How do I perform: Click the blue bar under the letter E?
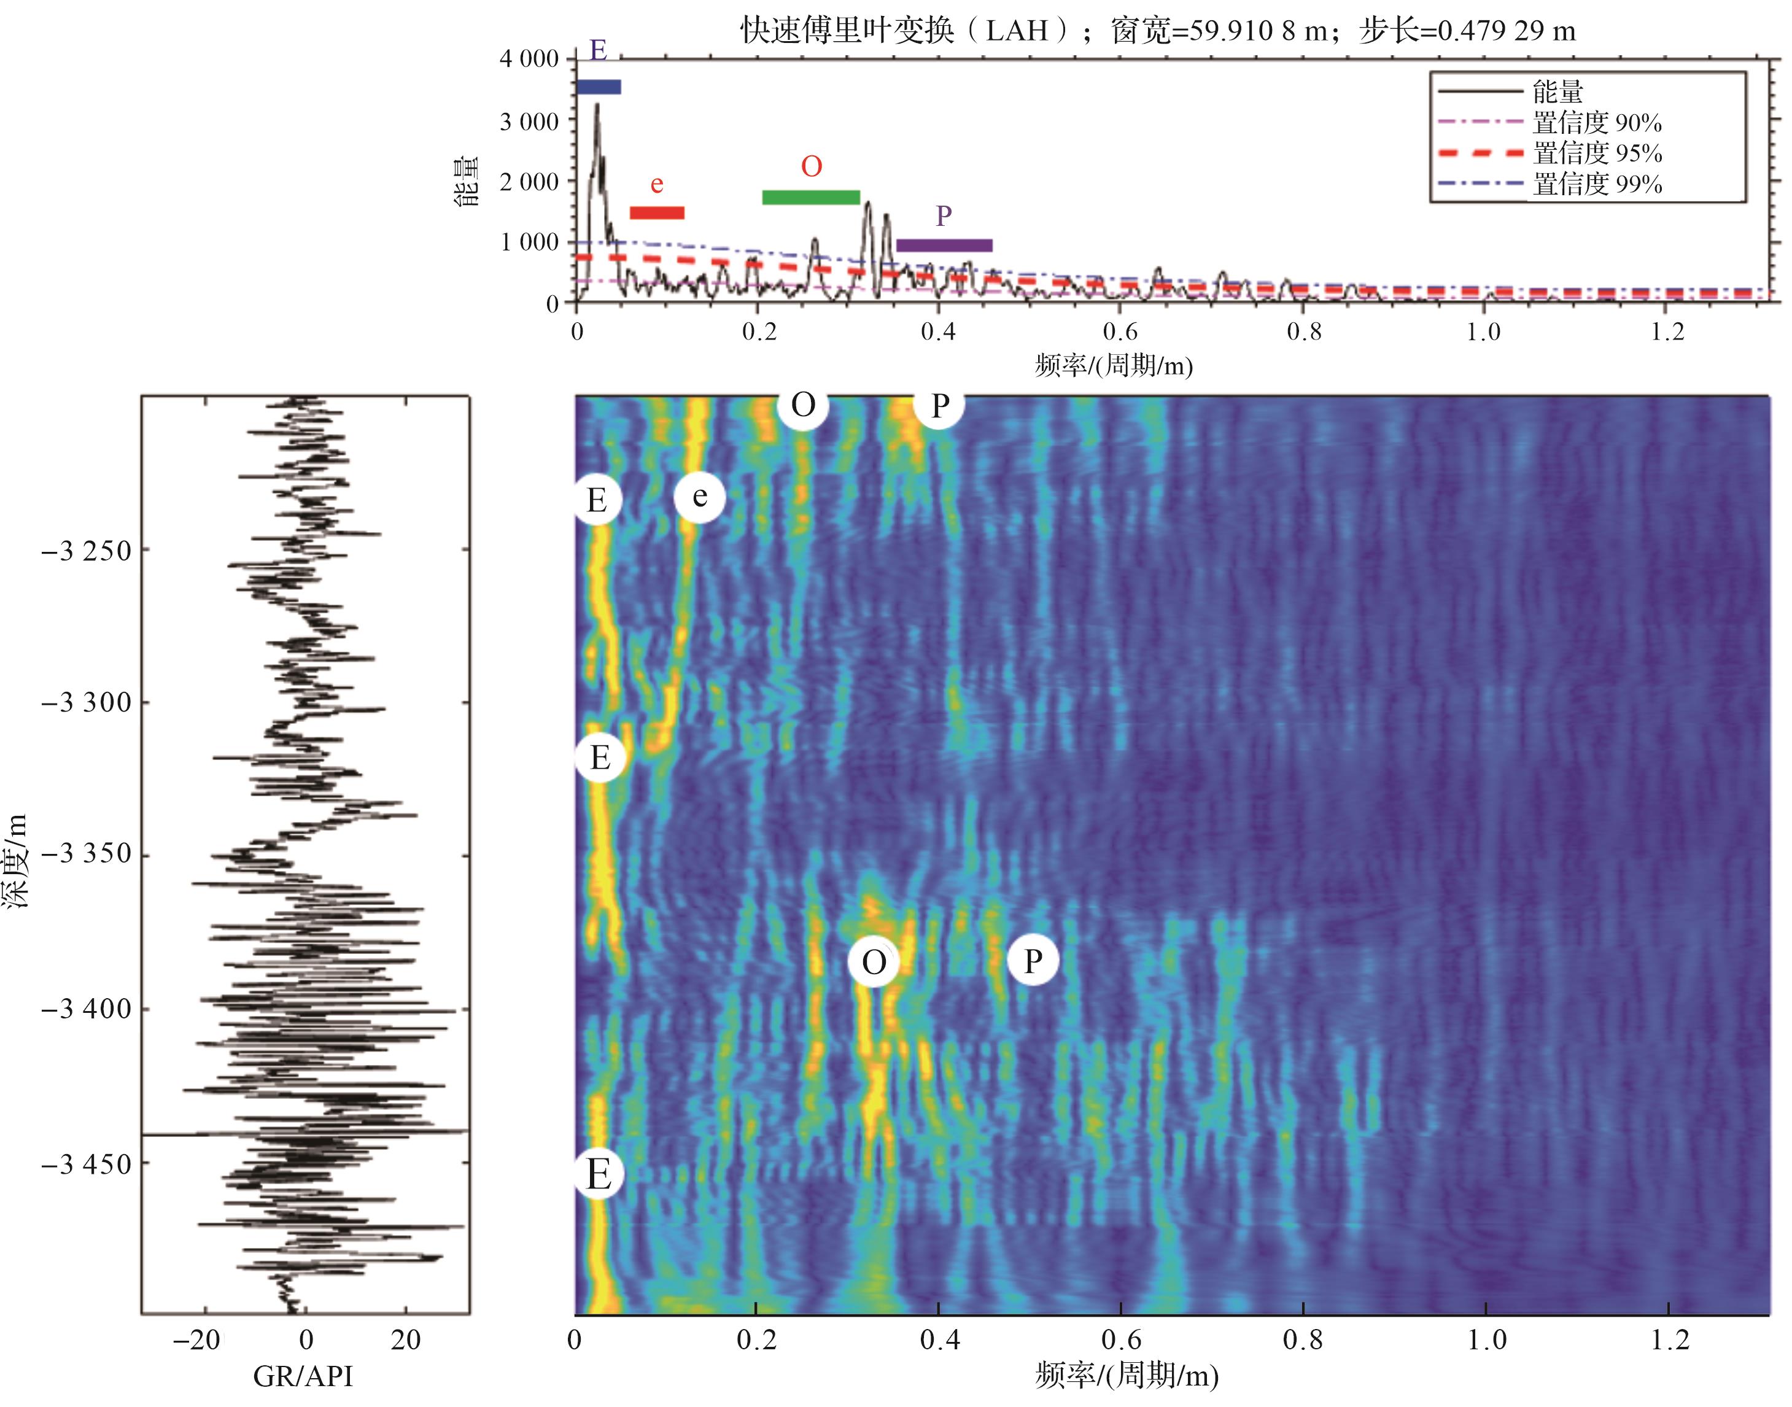(x=598, y=87)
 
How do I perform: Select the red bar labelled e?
(x=657, y=212)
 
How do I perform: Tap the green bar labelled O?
(x=811, y=198)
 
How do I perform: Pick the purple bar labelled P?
(x=944, y=246)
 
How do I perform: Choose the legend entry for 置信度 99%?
(x=1597, y=184)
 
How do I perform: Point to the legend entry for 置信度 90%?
(x=1597, y=123)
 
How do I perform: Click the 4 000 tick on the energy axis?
(x=529, y=58)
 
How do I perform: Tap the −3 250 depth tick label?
(x=86, y=550)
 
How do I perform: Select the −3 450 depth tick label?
(x=86, y=1164)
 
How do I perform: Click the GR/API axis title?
(x=303, y=1376)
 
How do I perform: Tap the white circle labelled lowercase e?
(x=699, y=497)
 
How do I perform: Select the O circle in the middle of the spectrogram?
(x=874, y=961)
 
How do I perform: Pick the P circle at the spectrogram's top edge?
(x=939, y=405)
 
